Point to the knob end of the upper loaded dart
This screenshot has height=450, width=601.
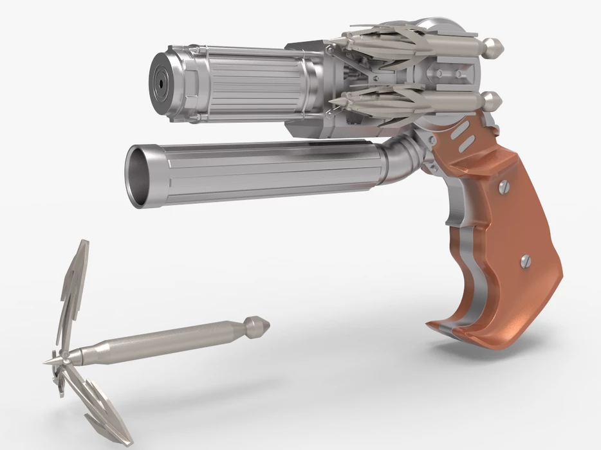[x=494, y=46]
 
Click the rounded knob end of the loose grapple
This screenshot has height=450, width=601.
[x=261, y=326]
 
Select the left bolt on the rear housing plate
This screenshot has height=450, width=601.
[x=439, y=74]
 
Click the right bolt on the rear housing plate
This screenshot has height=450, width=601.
[x=458, y=74]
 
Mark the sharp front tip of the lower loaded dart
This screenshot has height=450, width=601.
[x=329, y=100]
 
